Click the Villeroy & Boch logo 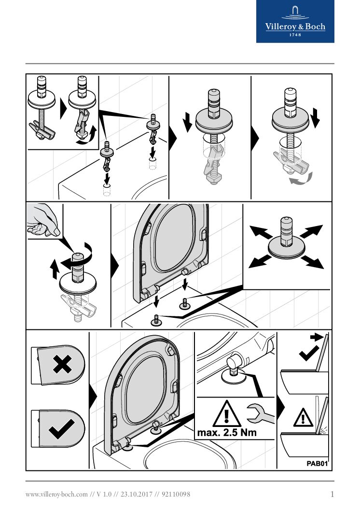pyautogui.click(x=295, y=21)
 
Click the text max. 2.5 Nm pyautogui.click(x=227, y=433)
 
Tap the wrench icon pyautogui.click(x=259, y=412)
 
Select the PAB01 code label pyautogui.click(x=317, y=464)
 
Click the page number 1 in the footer pyautogui.click(x=332, y=494)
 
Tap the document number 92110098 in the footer pyautogui.click(x=176, y=495)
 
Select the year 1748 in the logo pyautogui.click(x=295, y=35)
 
